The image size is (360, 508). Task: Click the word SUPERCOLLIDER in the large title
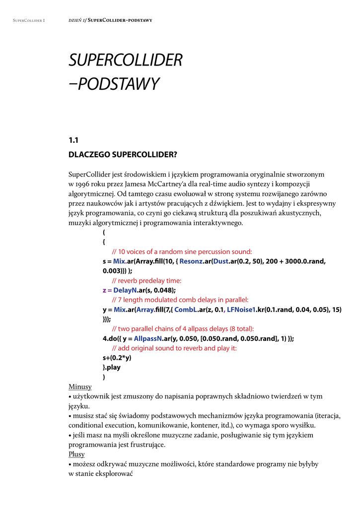click(x=125, y=61)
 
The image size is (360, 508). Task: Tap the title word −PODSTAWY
click(x=114, y=84)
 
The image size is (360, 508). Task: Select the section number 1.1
click(x=73, y=140)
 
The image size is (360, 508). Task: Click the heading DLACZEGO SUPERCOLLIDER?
click(x=123, y=155)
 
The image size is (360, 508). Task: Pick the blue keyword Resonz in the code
click(x=191, y=261)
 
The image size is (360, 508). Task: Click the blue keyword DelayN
click(x=125, y=290)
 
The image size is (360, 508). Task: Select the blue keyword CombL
click(x=186, y=310)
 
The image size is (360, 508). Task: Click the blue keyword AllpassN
click(x=148, y=338)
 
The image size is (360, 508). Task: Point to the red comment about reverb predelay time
click(x=146, y=281)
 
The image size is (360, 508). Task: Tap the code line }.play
click(x=112, y=368)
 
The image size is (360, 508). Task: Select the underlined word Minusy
click(x=80, y=386)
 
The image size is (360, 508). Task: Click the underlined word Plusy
click(x=76, y=454)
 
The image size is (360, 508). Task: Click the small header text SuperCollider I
click(x=29, y=20)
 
